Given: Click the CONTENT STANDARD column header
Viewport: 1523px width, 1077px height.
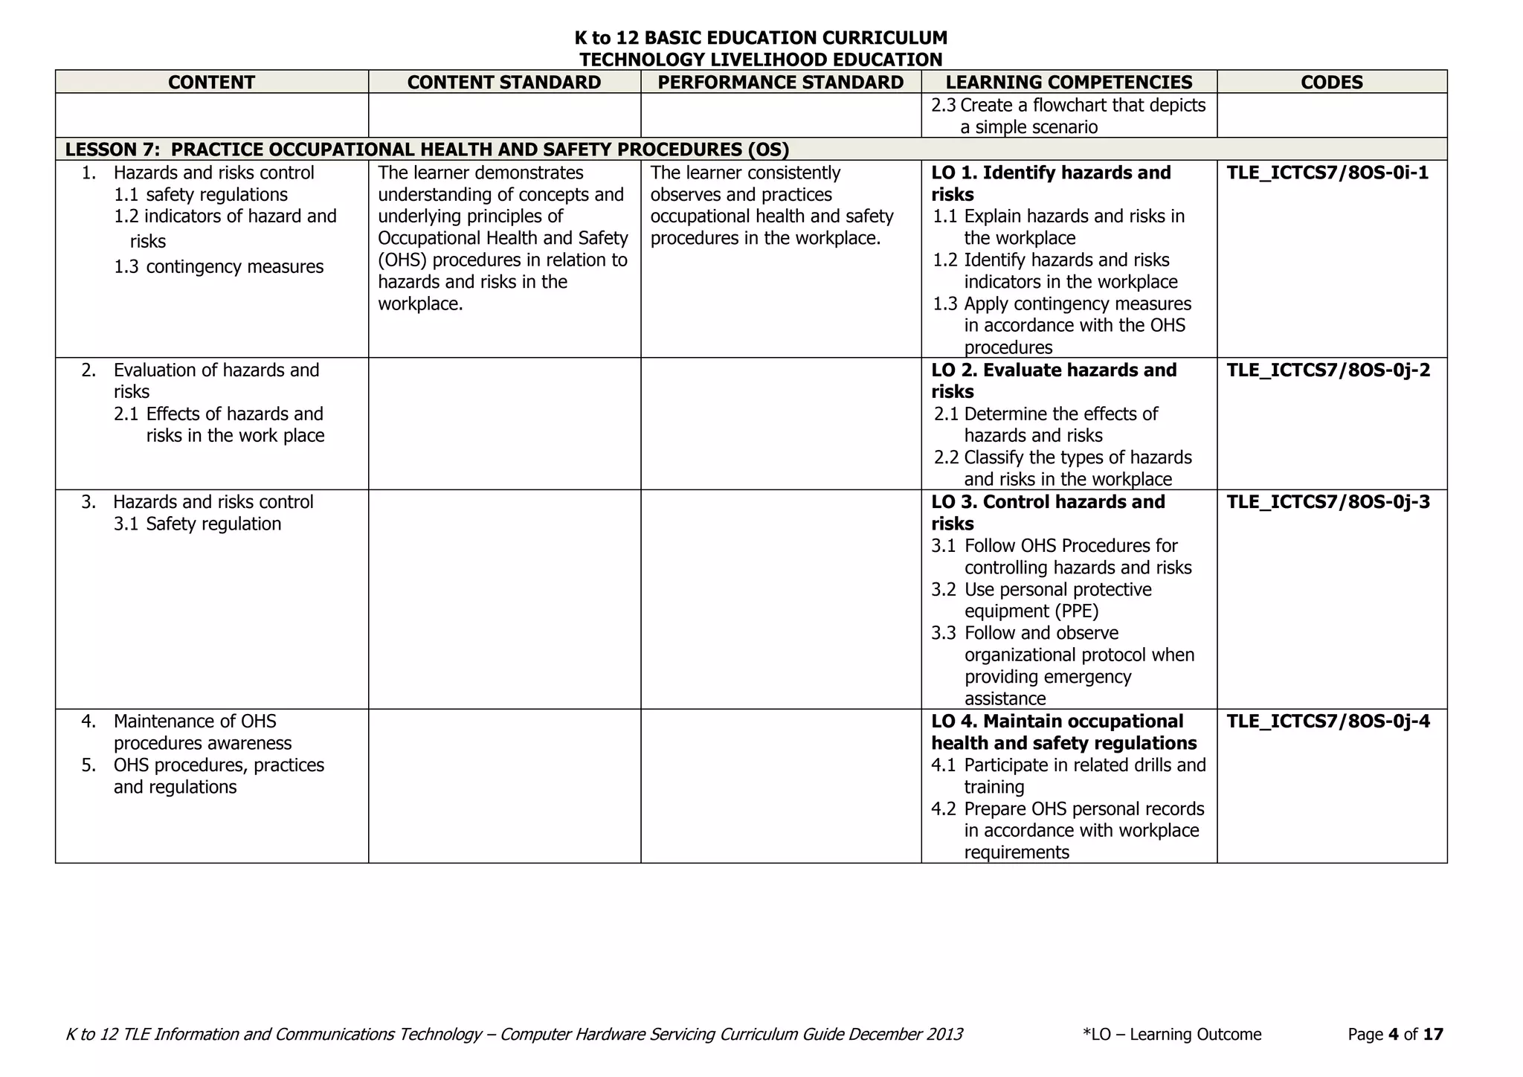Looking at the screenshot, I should click(x=504, y=82).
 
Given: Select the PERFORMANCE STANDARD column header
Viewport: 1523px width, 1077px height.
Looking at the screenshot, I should click(x=781, y=82).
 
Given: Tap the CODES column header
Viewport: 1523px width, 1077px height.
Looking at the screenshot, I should click(x=1331, y=82).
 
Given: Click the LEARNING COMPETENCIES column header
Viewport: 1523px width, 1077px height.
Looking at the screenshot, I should click(x=1069, y=82).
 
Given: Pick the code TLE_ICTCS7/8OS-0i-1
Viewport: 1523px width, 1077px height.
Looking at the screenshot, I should click(x=1327, y=173).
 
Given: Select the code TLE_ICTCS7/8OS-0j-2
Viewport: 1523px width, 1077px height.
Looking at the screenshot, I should click(x=1328, y=370).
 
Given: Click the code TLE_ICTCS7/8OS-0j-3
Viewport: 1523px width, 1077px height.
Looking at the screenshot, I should click(x=1328, y=501).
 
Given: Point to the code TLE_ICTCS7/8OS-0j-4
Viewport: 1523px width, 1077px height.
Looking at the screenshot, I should click(x=1328, y=721).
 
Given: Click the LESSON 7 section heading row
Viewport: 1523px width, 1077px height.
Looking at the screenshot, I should click(x=427, y=150).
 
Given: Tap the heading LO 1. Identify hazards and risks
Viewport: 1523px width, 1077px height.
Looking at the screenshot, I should click(x=1050, y=183).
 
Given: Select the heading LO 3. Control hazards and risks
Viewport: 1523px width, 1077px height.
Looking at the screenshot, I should click(x=1047, y=512).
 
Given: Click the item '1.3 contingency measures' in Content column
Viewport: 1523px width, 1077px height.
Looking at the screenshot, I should click(x=219, y=266).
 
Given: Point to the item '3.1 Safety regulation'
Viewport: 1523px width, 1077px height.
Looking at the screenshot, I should click(x=198, y=524).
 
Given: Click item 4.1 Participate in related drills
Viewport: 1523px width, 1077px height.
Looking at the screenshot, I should click(x=1068, y=775).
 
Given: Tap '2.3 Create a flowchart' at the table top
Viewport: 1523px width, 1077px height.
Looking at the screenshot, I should click(x=1068, y=115).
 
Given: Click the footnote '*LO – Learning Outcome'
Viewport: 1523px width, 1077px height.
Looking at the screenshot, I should click(x=1172, y=1034).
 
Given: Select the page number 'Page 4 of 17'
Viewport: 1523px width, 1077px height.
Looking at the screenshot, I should click(x=1395, y=1034).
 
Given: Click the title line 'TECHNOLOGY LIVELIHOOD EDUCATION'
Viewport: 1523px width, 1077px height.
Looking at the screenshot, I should click(x=761, y=60).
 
